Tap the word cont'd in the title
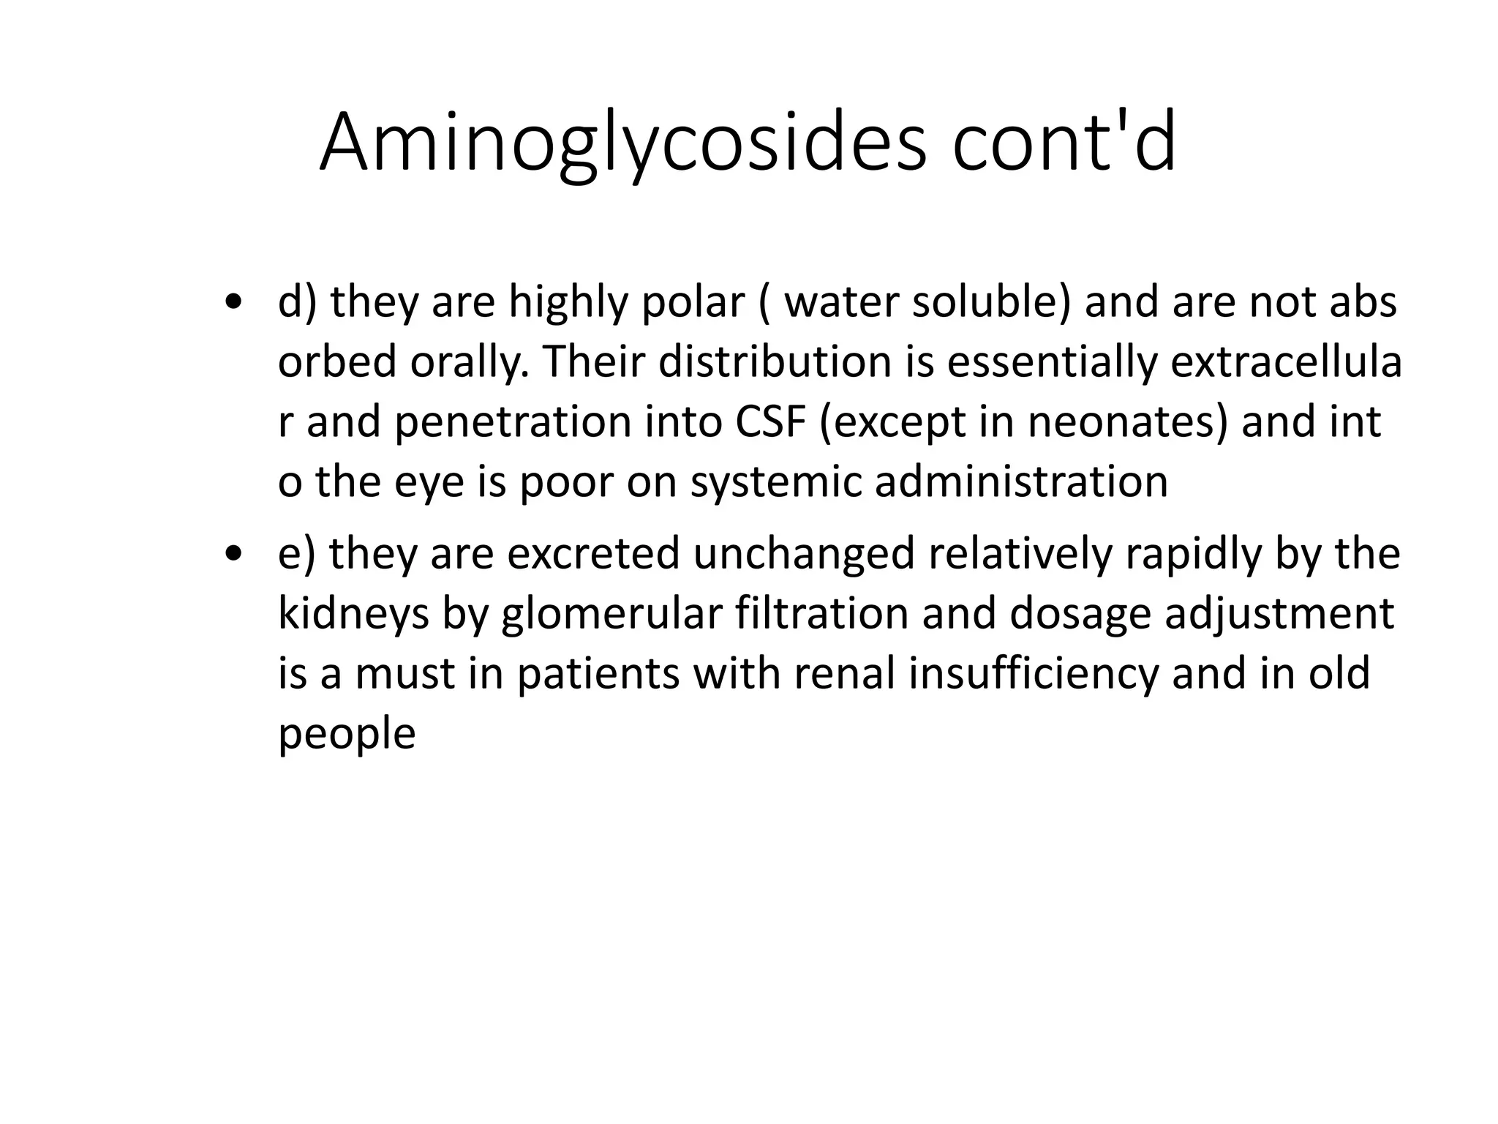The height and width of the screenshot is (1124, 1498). click(x=1064, y=143)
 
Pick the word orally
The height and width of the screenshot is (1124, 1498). click(x=469, y=362)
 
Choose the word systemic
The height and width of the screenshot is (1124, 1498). click(x=775, y=483)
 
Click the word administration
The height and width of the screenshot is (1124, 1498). click(x=1021, y=483)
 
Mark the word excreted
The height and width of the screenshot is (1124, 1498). click(x=593, y=554)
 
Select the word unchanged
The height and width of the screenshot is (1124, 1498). click(x=804, y=554)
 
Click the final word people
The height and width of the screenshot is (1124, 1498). click(x=347, y=734)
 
